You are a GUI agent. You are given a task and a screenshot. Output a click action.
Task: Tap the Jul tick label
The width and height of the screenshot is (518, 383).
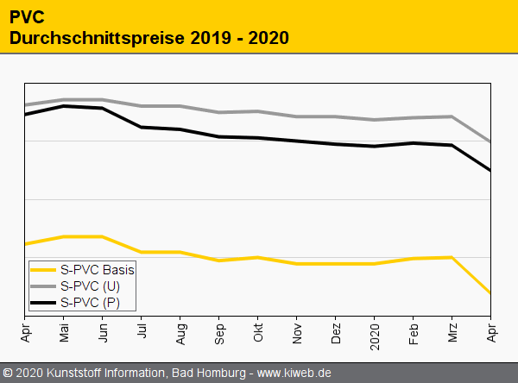click(x=142, y=332)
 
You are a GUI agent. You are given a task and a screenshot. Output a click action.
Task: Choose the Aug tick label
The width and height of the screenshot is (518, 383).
click(x=180, y=333)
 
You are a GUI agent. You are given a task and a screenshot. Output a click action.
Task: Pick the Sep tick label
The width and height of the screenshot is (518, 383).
click(x=219, y=333)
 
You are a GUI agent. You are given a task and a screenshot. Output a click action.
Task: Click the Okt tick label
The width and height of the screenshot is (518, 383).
click(x=258, y=332)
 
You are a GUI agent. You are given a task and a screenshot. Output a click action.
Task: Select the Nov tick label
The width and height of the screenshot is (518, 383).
click(x=297, y=333)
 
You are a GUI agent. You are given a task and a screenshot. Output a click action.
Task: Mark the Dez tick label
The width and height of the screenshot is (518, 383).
click(x=336, y=333)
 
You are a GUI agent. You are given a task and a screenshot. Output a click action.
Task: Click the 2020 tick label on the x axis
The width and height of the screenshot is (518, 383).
click(x=375, y=335)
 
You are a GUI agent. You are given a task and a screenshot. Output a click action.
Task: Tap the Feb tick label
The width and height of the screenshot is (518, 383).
click(x=414, y=333)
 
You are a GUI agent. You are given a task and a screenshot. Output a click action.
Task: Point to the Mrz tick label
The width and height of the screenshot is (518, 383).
click(x=452, y=333)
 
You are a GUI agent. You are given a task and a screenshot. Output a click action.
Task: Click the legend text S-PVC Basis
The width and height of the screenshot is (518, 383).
click(x=98, y=269)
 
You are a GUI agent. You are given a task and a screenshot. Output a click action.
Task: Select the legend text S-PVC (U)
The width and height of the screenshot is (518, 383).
click(x=90, y=286)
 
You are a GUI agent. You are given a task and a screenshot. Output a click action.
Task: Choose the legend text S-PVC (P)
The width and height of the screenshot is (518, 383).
click(x=90, y=302)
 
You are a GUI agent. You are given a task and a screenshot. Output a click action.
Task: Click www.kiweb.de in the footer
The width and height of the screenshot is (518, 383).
click(x=294, y=373)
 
